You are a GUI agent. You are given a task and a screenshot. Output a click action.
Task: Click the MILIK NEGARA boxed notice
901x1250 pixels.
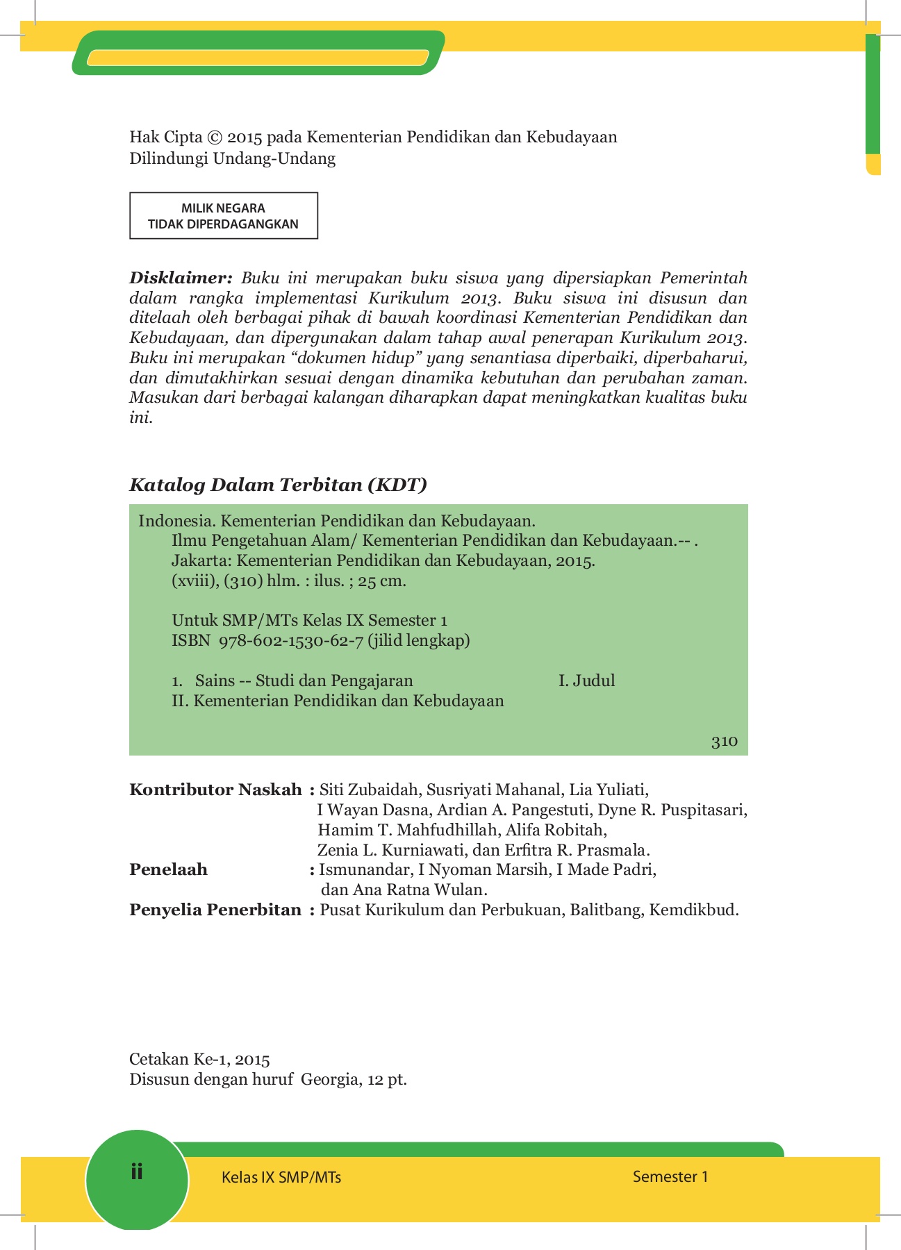(224, 216)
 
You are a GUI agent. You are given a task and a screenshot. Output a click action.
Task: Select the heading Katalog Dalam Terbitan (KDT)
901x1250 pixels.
(278, 485)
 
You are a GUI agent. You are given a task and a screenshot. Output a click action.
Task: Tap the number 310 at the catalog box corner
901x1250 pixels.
(724, 741)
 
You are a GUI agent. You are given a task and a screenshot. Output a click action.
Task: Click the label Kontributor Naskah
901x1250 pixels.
(215, 790)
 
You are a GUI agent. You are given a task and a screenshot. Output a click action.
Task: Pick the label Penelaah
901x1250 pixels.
(168, 869)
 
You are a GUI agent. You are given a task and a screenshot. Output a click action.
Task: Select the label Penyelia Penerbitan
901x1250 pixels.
(215, 910)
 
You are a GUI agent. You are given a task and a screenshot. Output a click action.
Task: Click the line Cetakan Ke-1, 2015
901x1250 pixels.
(199, 1059)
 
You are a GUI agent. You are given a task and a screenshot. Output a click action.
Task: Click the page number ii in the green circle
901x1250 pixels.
(136, 1172)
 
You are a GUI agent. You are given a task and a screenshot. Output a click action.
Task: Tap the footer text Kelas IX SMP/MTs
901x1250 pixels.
(281, 1177)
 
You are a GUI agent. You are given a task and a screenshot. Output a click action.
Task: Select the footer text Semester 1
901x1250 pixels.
(670, 1176)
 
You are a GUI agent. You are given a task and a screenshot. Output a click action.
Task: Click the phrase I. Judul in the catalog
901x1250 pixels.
(586, 681)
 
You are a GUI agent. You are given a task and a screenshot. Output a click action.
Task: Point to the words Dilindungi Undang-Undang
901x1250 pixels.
(232, 158)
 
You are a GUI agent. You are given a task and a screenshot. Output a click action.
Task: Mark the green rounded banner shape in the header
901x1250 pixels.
(257, 53)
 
